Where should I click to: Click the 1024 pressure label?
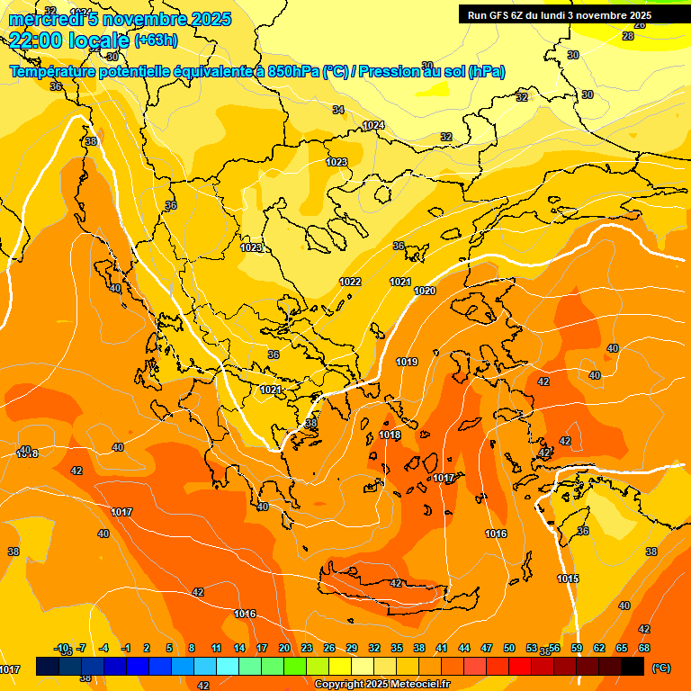(373, 125)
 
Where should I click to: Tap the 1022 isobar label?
(350, 282)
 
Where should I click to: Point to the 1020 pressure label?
(425, 291)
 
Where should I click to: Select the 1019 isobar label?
(406, 362)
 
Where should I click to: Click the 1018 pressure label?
(390, 435)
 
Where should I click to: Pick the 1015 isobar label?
(567, 579)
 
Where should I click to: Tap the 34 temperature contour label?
(338, 110)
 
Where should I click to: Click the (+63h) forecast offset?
(156, 40)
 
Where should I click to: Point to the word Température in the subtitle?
(56, 71)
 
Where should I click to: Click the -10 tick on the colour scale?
(62, 648)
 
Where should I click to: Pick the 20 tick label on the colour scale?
(284, 648)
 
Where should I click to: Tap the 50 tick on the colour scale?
(509, 648)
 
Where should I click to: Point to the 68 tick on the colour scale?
(644, 648)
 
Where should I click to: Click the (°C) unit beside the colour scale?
(660, 668)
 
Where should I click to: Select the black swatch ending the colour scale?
(633, 666)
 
